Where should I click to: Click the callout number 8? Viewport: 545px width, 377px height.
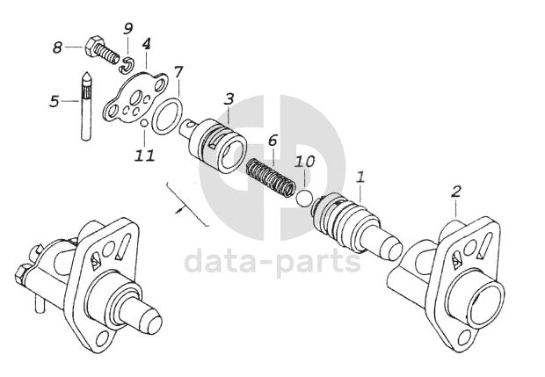58,47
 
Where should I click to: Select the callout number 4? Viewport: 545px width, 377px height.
145,43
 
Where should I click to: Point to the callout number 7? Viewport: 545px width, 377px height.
178,71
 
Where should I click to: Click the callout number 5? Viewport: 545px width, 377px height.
54,101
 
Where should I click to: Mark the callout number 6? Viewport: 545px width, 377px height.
272,140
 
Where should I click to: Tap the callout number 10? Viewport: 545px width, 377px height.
304,162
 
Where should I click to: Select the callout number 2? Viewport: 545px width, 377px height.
456,191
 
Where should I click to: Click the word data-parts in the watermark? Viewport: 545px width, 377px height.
272,261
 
